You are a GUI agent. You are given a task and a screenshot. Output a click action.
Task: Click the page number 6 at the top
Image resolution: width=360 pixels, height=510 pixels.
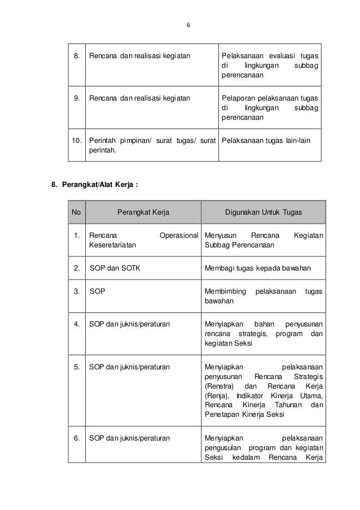(188, 25)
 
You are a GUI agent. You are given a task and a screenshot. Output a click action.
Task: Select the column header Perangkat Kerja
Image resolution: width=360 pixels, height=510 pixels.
(143, 212)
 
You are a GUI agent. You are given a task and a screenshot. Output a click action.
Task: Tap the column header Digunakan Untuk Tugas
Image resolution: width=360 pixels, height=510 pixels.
(264, 212)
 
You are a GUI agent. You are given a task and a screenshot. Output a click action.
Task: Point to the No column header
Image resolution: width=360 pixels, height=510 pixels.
(76, 212)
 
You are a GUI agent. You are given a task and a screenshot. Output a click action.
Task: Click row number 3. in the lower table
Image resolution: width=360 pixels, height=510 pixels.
(76, 291)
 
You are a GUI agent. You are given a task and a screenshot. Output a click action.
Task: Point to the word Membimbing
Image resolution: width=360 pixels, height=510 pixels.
(226, 291)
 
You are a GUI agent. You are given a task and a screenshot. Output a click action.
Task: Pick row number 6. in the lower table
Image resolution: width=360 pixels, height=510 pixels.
(76, 437)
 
